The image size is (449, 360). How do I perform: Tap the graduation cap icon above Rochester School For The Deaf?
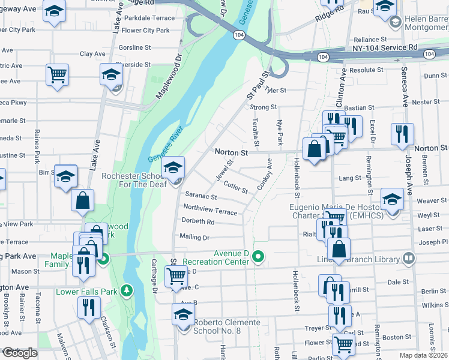[173, 168]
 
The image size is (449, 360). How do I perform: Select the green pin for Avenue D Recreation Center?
[259, 257]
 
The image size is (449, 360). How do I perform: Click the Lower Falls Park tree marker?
[126, 290]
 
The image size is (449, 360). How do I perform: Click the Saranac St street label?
[200, 196]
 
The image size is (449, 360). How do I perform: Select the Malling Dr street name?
[194, 237]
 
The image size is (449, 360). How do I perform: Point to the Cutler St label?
[235, 187]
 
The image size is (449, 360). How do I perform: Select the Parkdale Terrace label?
[148, 18]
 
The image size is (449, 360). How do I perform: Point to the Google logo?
[20, 353]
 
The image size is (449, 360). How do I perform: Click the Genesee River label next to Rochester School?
[166, 146]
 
